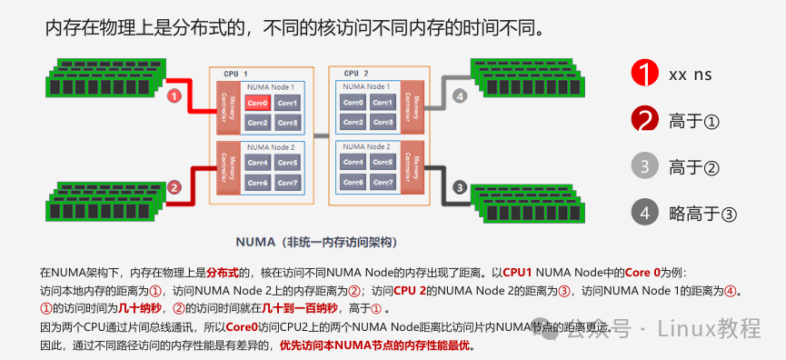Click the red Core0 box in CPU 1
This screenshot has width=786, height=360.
click(x=257, y=104)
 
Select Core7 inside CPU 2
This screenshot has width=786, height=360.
click(x=383, y=183)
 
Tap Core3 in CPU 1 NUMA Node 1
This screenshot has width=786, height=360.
click(x=287, y=122)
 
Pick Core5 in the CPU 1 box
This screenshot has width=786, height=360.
click(x=287, y=163)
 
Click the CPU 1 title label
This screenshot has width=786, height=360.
click(x=235, y=73)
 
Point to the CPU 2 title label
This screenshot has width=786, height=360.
click(x=355, y=73)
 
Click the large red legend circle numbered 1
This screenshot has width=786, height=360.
click(x=644, y=74)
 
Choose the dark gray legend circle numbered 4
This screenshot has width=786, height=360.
click(x=644, y=213)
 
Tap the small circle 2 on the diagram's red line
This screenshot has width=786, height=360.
click(x=174, y=188)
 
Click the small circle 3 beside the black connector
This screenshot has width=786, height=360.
click(x=460, y=188)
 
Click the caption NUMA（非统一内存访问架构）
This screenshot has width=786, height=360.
click(x=315, y=244)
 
